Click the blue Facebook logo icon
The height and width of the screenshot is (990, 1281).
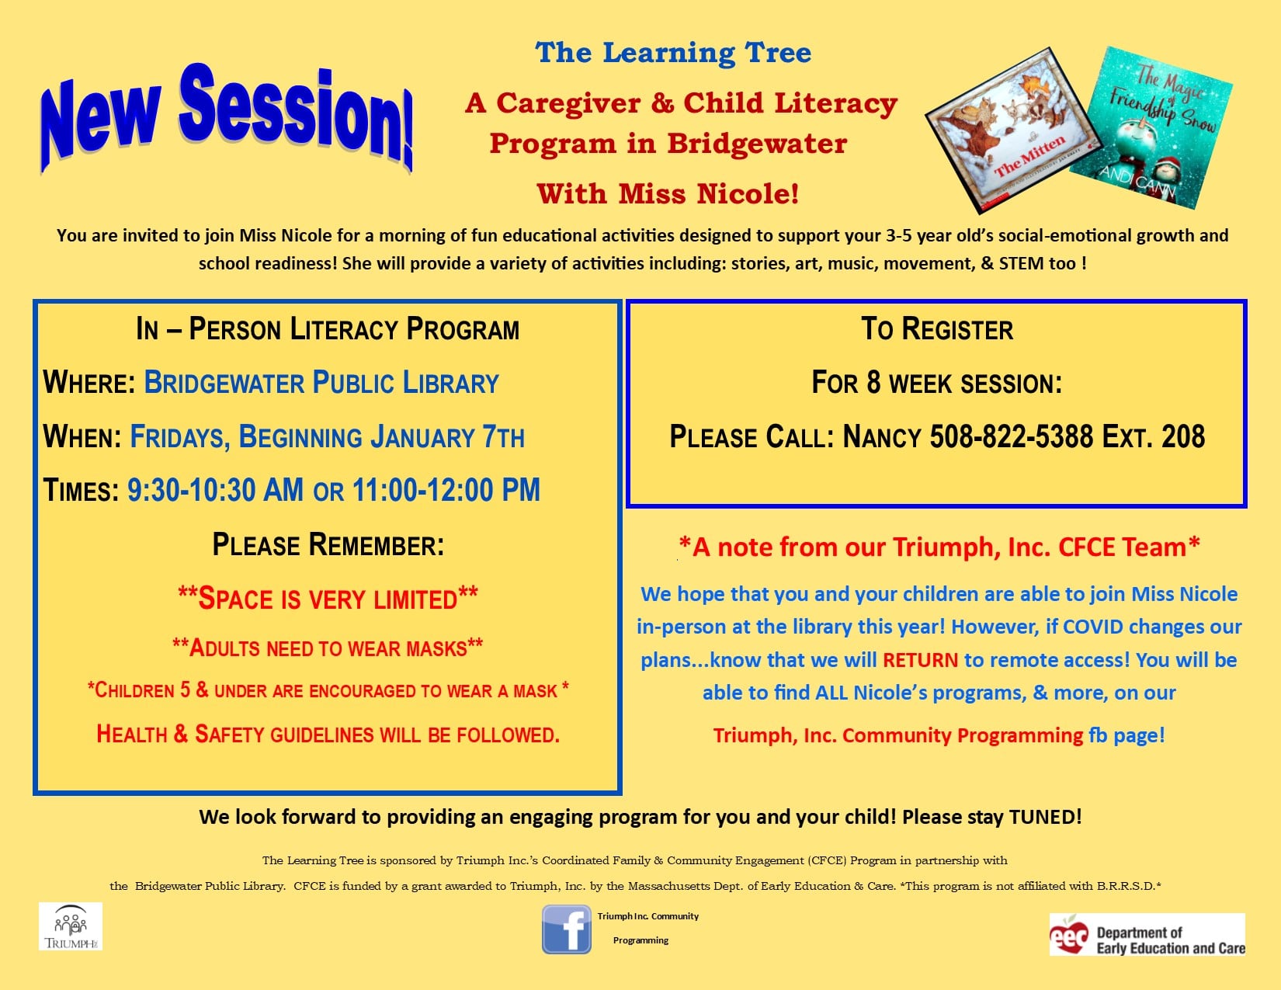[x=567, y=929]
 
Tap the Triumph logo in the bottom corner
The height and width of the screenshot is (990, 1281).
[x=71, y=926]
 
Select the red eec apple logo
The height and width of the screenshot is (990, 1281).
[x=1069, y=935]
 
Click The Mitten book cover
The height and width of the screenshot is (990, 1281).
[x=1013, y=130]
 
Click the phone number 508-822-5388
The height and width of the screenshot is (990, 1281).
[x=1012, y=436]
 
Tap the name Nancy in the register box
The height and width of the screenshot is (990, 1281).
[x=882, y=437]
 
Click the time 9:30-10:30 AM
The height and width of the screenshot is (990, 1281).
[x=215, y=489]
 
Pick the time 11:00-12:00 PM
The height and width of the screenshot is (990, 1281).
[x=446, y=489]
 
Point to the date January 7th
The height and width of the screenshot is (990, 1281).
[x=447, y=437]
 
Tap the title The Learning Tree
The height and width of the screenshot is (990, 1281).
[x=673, y=53]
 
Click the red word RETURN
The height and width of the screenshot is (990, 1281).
[x=920, y=660]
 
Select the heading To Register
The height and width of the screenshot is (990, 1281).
[x=937, y=328]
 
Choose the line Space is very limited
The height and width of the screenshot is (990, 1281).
[x=328, y=598]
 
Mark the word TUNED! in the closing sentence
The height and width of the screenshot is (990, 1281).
[x=1045, y=817]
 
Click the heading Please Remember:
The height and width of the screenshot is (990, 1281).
[x=328, y=544]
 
